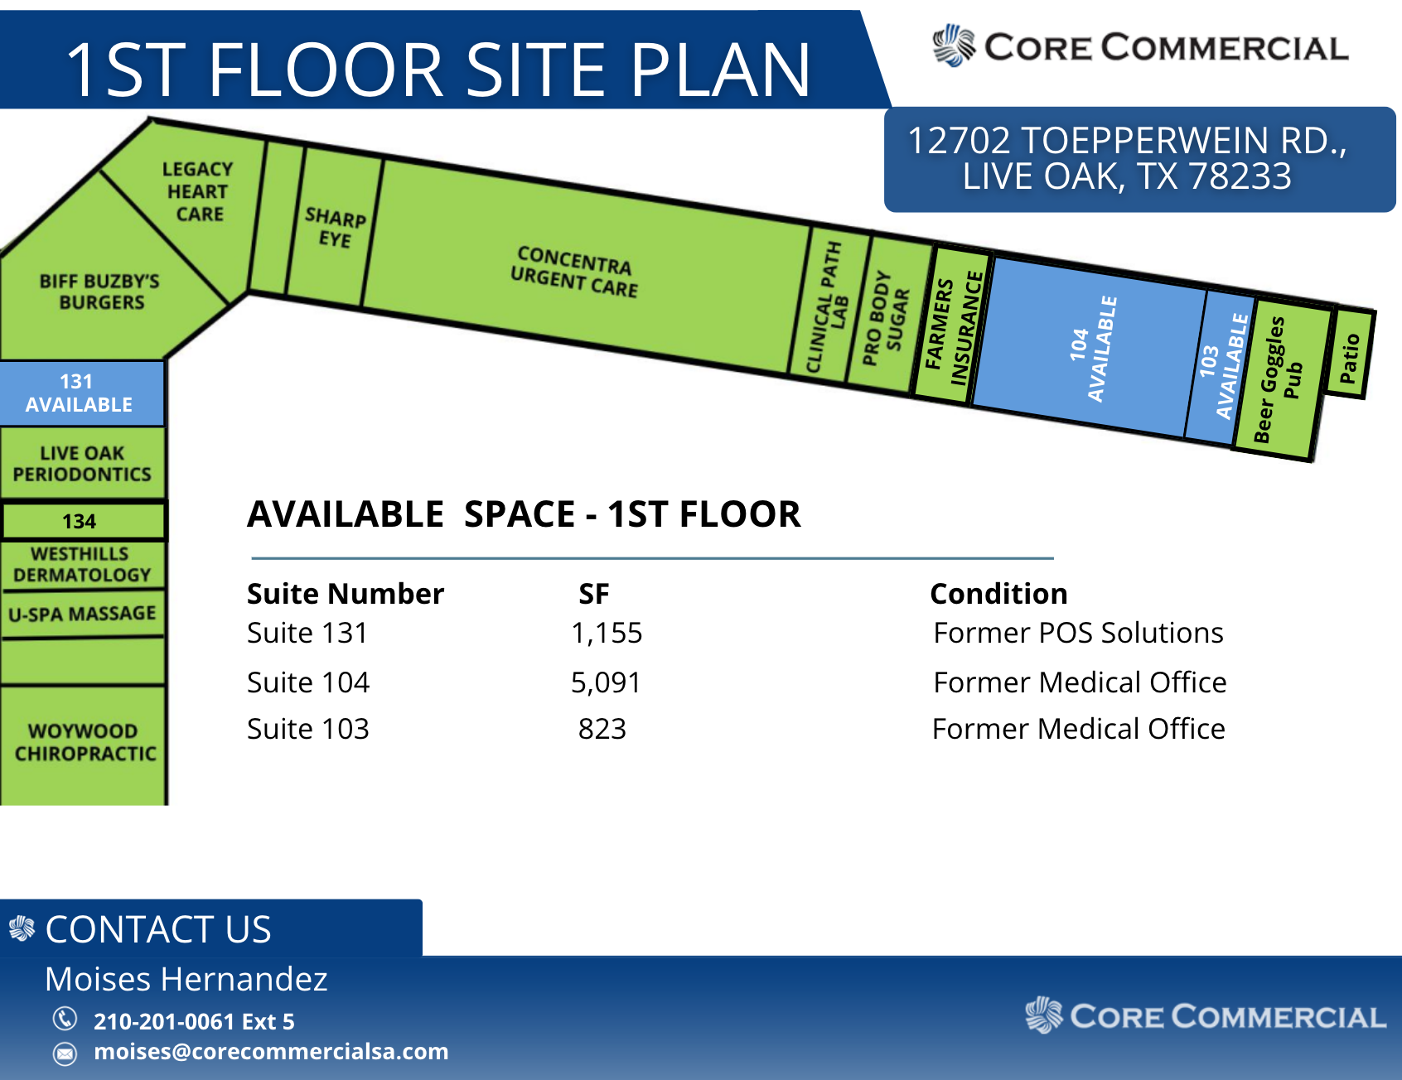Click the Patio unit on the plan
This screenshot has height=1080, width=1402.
[x=1349, y=354]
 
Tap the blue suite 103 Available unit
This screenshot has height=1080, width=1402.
[x=1221, y=367]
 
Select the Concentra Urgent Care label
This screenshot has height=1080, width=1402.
[x=574, y=271]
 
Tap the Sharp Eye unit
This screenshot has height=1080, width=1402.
[x=335, y=227]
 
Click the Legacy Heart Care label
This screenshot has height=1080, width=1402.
[x=197, y=191]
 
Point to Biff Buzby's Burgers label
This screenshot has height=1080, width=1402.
[x=100, y=292]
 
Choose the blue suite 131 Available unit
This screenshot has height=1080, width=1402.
[x=81, y=393]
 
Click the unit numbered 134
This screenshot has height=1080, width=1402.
[x=83, y=521]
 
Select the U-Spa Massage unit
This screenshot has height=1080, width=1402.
[x=83, y=614]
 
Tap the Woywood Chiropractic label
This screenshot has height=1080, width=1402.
[x=85, y=742]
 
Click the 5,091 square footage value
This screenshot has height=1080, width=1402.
[x=606, y=682]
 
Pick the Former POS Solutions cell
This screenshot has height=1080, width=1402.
[x=1078, y=633]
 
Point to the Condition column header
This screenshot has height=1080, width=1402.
[x=998, y=594]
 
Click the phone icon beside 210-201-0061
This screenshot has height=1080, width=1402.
[x=65, y=1018]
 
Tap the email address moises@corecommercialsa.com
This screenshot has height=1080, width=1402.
[x=271, y=1051]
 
